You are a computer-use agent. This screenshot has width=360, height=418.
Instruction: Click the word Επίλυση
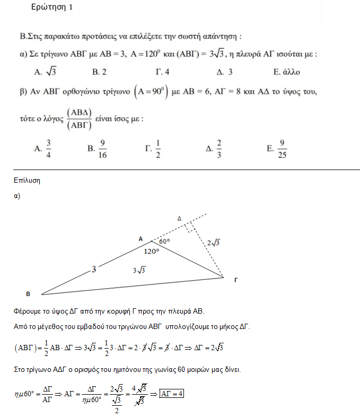pos(27,181)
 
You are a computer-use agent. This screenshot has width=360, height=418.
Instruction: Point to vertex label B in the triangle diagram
pos(28,293)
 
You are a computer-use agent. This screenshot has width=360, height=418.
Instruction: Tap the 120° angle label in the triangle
pos(151,251)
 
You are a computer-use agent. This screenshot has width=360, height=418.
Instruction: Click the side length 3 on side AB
pos(93,270)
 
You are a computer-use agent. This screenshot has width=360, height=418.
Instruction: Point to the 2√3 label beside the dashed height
pos(213,243)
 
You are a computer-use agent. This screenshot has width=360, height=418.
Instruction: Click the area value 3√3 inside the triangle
pos(139,270)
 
